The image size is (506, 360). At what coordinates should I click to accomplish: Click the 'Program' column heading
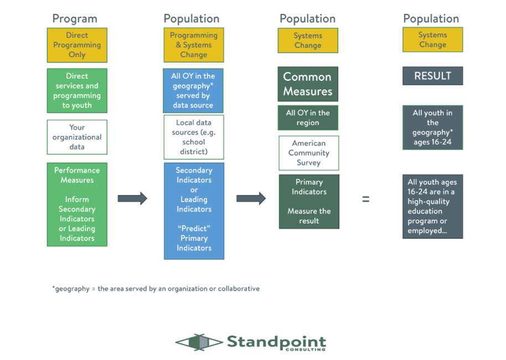tap(75, 19)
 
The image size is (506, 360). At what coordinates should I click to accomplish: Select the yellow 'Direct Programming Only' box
tap(77, 45)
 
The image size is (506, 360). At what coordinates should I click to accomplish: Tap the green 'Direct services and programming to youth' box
tap(77, 90)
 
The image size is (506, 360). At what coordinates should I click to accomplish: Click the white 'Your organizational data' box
tap(77, 137)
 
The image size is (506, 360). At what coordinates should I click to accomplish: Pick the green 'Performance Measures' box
tap(77, 204)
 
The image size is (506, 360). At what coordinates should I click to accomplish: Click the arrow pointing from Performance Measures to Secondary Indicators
tap(132, 198)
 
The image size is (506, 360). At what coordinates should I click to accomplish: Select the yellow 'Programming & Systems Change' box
tap(194, 45)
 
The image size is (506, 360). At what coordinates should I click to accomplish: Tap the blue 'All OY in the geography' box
tap(193, 90)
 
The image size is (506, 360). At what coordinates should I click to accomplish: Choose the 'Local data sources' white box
tap(194, 137)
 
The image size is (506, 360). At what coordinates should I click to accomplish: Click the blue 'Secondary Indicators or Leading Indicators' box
tap(194, 211)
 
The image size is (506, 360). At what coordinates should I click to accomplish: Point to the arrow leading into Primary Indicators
tap(251, 198)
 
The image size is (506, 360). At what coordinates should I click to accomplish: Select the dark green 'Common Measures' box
tap(308, 84)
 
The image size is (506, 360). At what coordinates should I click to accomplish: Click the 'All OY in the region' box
tap(308, 117)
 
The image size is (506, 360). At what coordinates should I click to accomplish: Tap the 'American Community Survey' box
tap(309, 153)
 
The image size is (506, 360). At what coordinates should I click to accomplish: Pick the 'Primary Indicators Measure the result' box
tap(309, 202)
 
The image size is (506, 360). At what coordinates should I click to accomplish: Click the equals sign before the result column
tap(365, 199)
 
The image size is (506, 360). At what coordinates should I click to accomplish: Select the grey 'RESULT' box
tap(433, 76)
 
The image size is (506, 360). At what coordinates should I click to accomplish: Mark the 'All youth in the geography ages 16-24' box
tap(433, 127)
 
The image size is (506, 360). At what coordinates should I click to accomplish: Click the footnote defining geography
tap(156, 289)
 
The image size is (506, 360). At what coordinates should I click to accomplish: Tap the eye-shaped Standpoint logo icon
tap(199, 342)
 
